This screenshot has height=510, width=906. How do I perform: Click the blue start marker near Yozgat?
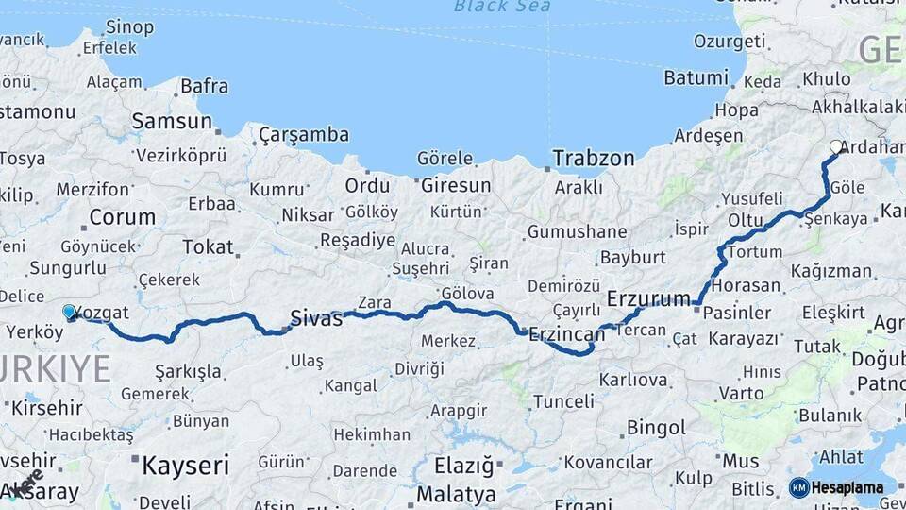tap(69, 312)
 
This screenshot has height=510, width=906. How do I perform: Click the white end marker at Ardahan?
tap(836, 146)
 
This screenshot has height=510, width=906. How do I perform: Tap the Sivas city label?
tap(316, 318)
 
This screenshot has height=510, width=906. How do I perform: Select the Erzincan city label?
tap(566, 332)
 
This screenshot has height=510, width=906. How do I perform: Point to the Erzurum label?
tap(648, 298)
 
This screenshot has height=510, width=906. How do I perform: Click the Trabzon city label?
tap(594, 158)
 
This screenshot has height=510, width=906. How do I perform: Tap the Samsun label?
tap(172, 121)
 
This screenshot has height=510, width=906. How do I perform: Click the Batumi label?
tap(696, 77)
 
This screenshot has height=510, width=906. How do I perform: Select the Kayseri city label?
tap(186, 465)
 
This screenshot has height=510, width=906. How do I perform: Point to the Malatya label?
tap(456, 494)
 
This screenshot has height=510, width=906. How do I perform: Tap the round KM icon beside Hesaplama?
tap(798, 487)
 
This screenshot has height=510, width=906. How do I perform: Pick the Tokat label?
tap(208, 246)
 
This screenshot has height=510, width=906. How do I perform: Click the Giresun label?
tap(456, 185)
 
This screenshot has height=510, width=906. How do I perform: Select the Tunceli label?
tap(563, 401)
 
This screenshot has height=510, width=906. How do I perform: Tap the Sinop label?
tap(130, 26)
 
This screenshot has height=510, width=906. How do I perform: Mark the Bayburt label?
tap(633, 257)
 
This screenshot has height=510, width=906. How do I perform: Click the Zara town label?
tap(374, 302)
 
